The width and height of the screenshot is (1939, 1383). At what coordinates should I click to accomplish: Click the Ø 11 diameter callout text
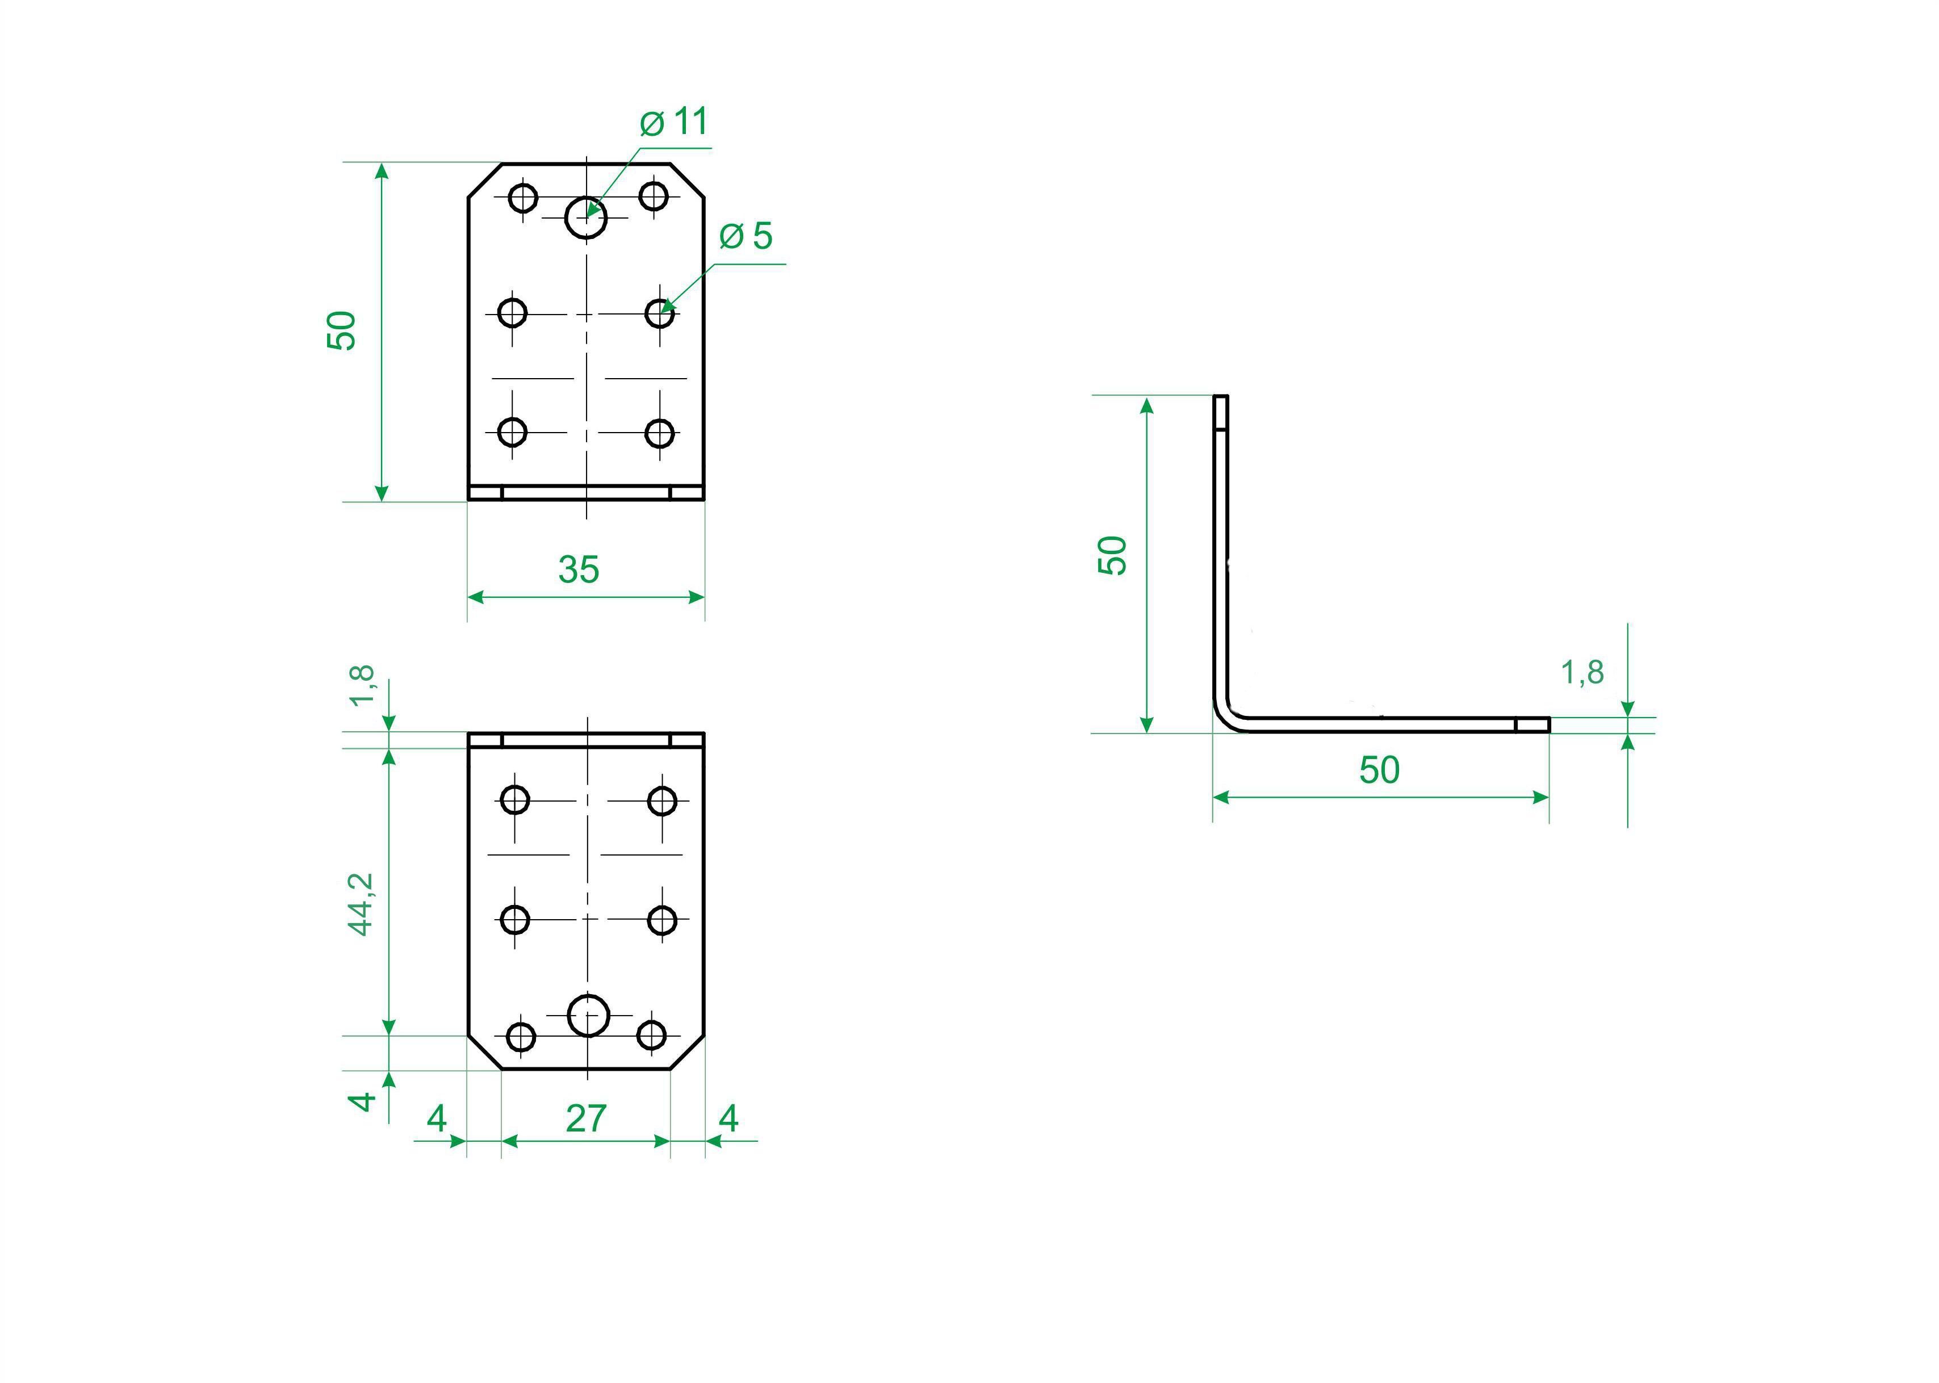[673, 121]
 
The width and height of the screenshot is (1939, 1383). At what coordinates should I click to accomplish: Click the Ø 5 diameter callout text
[746, 236]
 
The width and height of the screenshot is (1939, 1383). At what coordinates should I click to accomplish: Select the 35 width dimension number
[579, 569]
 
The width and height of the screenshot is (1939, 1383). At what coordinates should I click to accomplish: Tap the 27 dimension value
[586, 1118]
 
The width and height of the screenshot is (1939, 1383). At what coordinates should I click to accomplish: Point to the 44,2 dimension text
[362, 904]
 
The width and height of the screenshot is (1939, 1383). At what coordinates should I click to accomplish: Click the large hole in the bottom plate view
[588, 1015]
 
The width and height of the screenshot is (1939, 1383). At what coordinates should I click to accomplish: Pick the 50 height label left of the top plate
[341, 330]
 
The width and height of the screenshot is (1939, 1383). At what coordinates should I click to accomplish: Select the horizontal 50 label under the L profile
[1379, 770]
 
